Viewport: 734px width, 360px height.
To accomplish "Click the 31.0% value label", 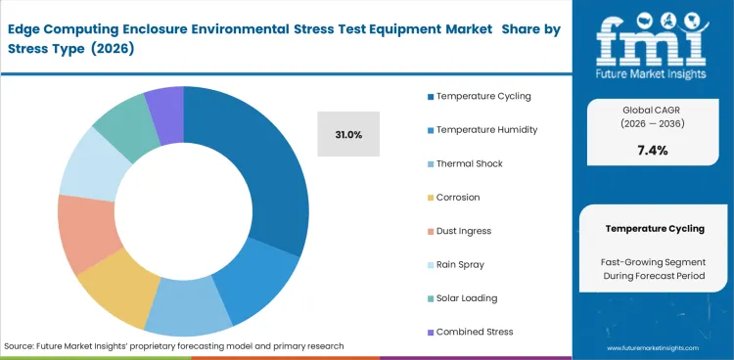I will pyautogui.click(x=346, y=134).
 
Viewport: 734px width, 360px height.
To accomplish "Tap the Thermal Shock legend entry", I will pyautogui.click(x=469, y=163).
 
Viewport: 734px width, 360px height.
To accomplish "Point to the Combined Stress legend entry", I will pyautogui.click(x=472, y=331).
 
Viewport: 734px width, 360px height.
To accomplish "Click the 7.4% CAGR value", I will pyautogui.click(x=653, y=150).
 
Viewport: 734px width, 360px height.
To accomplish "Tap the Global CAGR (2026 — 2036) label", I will pyautogui.click(x=653, y=114).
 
